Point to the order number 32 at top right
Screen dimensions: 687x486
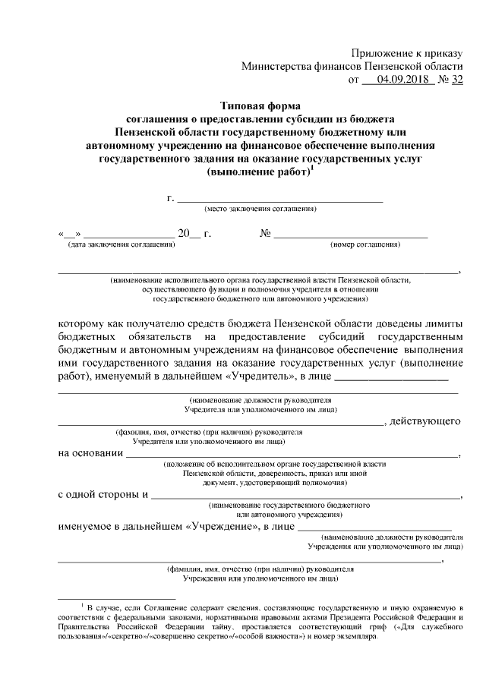coord(456,79)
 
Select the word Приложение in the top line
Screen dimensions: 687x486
coord(383,52)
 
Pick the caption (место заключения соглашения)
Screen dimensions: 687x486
coord(260,208)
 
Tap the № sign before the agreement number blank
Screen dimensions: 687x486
coord(266,234)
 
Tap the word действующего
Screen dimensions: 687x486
coord(425,420)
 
